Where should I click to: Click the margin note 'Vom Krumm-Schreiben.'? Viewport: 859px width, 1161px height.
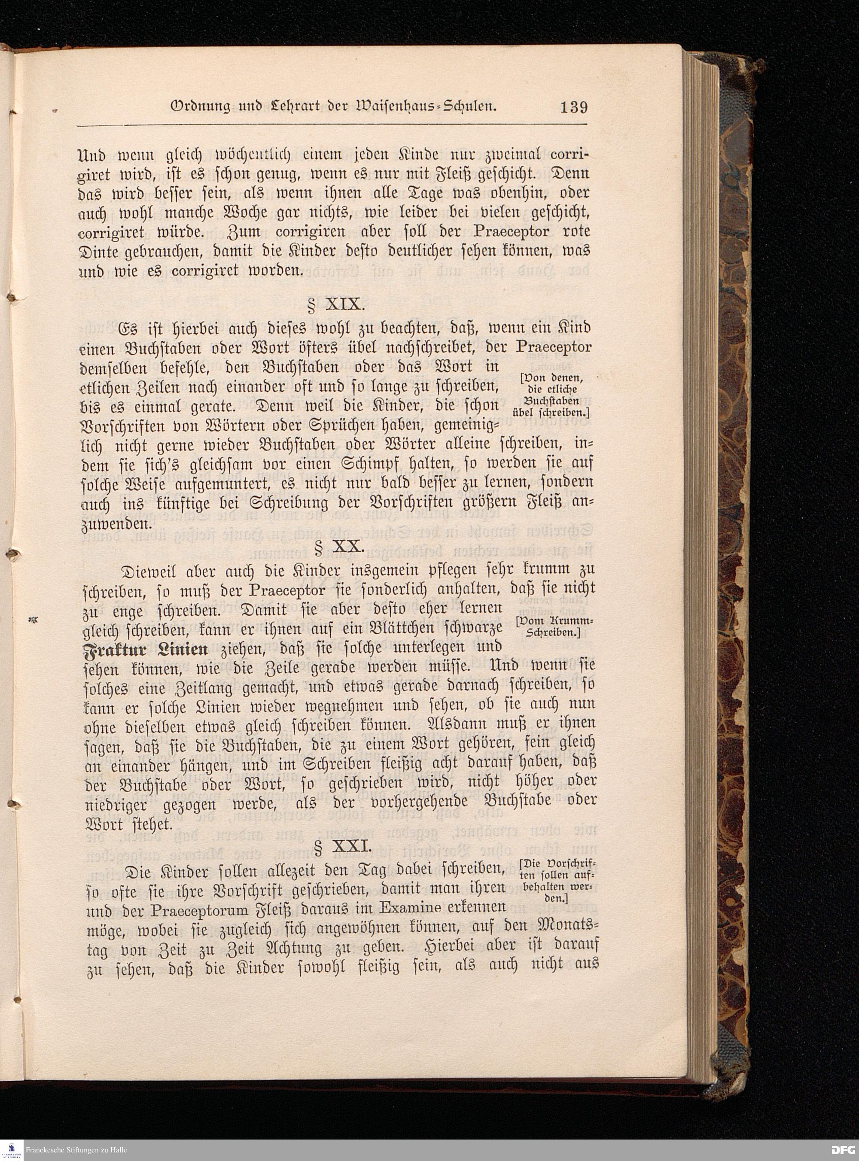[x=555, y=627]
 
